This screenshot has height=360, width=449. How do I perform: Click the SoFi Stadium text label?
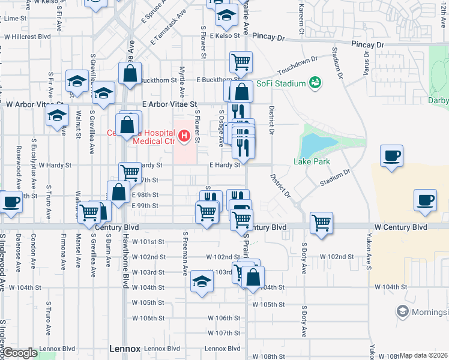tap(281, 83)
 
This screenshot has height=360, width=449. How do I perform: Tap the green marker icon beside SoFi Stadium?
tap(314, 82)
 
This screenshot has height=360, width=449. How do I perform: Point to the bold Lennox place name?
tap(125, 348)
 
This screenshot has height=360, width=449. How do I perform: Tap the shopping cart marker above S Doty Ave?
tap(321, 223)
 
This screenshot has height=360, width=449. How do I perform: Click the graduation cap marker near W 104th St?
tap(201, 281)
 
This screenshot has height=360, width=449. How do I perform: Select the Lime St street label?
tap(16, 19)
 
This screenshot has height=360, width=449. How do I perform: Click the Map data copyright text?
tap(424, 355)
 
